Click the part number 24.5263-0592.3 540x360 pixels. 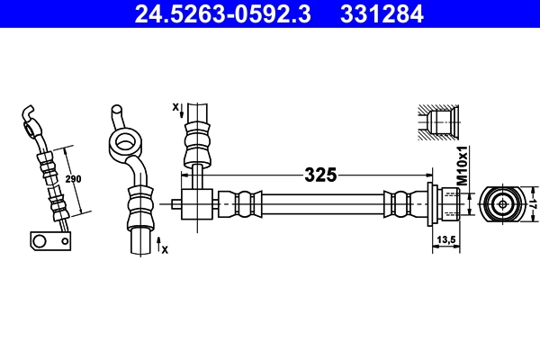click(226, 13)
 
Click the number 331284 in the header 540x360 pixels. click(379, 13)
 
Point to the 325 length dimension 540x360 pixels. click(319, 175)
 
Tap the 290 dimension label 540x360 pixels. click(74, 179)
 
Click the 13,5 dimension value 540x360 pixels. click(445, 238)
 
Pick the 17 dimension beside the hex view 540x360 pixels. click(531, 203)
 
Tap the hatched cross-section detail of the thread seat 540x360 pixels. click(439, 121)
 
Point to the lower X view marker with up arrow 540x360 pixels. click(161, 245)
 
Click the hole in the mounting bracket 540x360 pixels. click(40, 240)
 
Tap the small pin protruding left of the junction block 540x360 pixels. click(175, 203)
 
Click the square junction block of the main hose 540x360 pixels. click(196, 199)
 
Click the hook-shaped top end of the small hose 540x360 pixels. click(30, 113)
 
